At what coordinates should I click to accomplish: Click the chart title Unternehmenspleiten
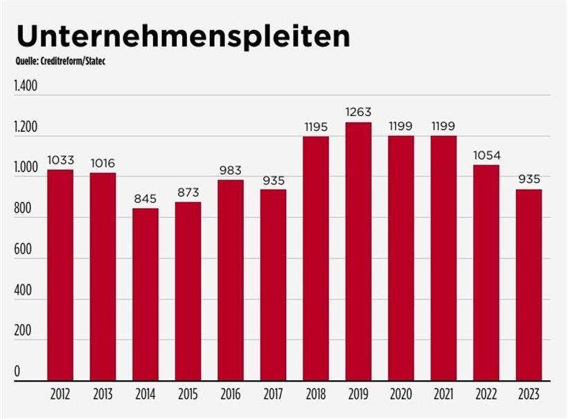pos(183,37)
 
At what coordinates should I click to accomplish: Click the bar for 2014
pos(145,295)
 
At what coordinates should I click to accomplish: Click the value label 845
pos(145,198)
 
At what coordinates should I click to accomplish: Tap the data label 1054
pos(486,155)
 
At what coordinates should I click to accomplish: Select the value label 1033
pos(60,160)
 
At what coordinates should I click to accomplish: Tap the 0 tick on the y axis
pos(17,373)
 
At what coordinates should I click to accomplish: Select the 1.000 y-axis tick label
pos(26,169)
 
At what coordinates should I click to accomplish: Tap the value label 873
pos(188,192)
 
